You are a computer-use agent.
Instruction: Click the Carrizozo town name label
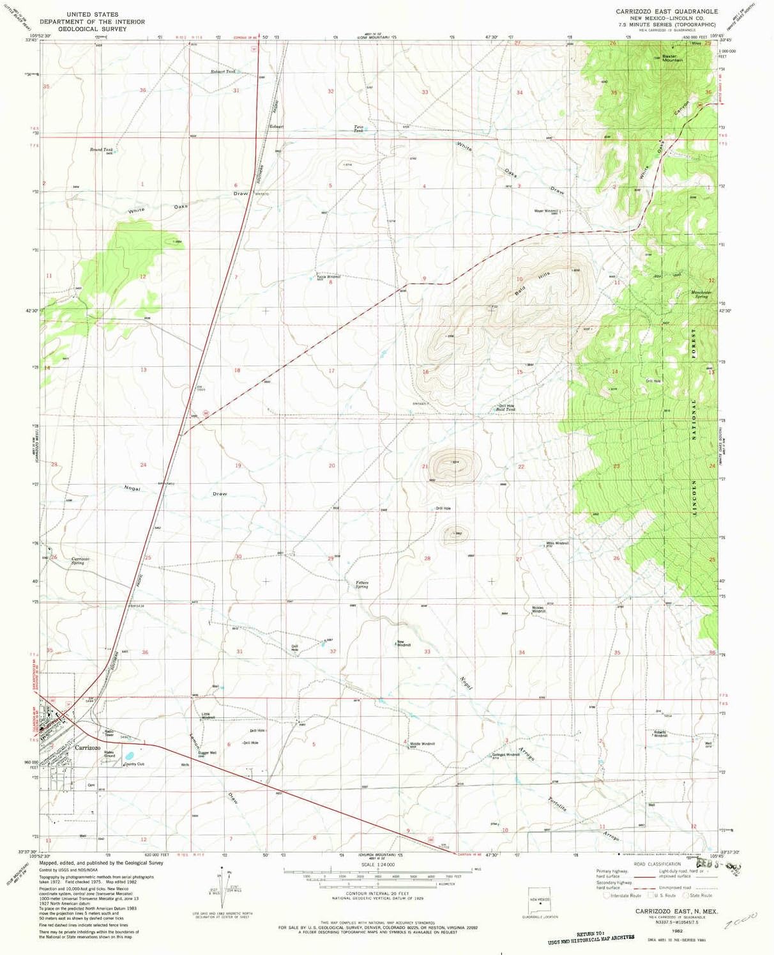[87, 747]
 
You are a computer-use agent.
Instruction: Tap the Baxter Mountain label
[672, 58]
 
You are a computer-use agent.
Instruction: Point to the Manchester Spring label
[701, 295]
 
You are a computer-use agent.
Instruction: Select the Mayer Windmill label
[546, 211]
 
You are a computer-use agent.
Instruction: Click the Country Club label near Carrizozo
[134, 764]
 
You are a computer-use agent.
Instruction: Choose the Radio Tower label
[109, 733]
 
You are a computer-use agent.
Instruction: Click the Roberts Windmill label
[660, 734]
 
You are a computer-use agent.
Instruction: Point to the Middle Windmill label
[422, 744]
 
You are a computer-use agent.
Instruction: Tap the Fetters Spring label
[362, 584]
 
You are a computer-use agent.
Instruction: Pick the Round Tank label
[101, 150]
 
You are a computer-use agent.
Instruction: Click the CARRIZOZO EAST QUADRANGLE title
[666, 12]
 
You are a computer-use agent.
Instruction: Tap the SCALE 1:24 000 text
[377, 864]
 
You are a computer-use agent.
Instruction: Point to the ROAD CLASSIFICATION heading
[657, 864]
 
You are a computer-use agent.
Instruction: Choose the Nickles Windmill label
[538, 610]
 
